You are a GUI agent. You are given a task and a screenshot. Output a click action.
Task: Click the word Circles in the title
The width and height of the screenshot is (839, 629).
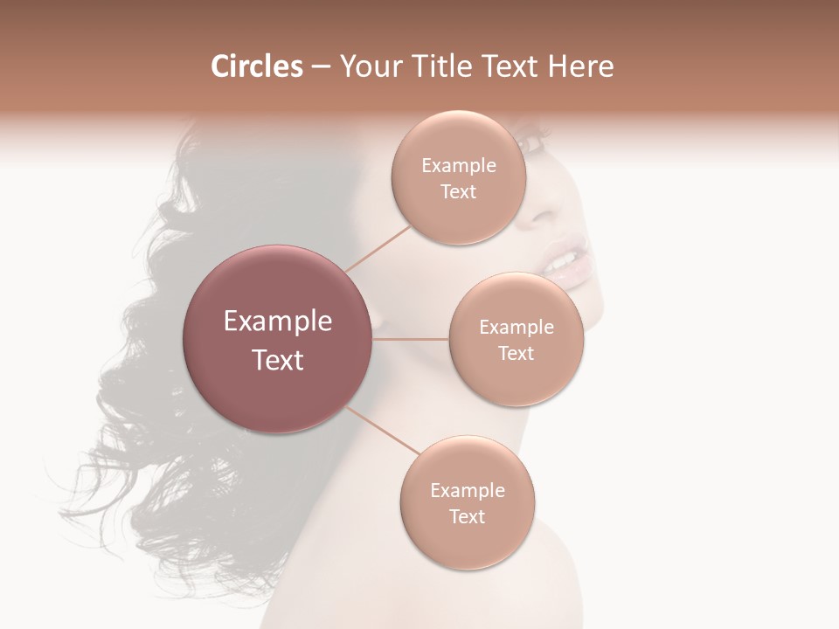[x=256, y=66]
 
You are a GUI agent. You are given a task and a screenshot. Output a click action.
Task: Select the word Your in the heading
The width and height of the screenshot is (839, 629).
[x=368, y=66]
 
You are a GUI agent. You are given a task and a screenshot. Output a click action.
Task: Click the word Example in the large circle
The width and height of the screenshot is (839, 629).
[x=277, y=321]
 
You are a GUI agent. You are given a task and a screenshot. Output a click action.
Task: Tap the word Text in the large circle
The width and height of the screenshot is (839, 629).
[x=277, y=360]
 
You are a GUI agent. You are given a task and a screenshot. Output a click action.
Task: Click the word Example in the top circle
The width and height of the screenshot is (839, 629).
[x=458, y=165]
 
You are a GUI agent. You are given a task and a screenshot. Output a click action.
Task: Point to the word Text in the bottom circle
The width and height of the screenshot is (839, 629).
[x=467, y=516]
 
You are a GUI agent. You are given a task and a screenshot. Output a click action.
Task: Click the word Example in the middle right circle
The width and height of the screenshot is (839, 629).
[x=516, y=327]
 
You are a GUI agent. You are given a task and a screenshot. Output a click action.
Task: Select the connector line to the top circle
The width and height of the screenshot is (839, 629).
[x=378, y=248]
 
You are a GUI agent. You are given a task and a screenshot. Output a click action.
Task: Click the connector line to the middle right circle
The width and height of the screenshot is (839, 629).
[x=411, y=339]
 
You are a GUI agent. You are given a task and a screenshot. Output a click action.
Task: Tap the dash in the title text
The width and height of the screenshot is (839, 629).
[x=321, y=67]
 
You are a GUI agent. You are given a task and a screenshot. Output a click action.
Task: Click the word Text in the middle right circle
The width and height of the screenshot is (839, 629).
[x=516, y=353]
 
